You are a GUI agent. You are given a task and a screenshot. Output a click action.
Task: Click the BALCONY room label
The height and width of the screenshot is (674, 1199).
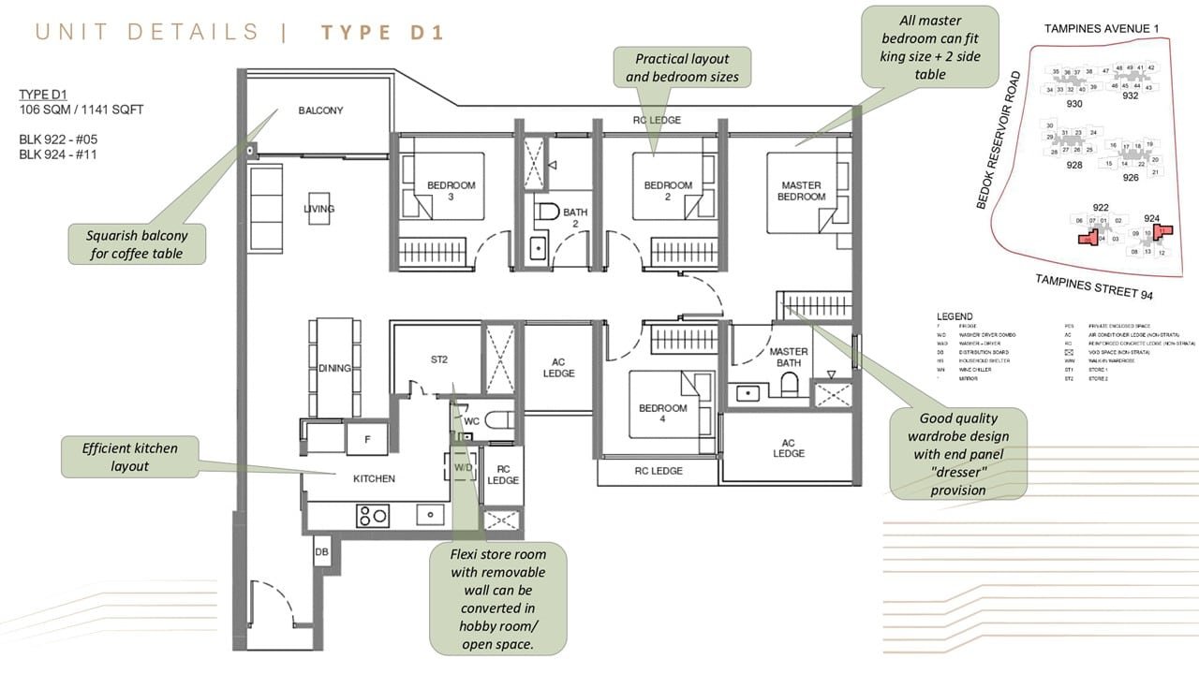tap(320, 110)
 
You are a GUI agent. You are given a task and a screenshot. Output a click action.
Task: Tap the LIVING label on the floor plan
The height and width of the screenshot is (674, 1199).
tap(318, 209)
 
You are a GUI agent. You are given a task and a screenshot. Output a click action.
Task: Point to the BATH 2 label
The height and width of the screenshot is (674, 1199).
tap(575, 218)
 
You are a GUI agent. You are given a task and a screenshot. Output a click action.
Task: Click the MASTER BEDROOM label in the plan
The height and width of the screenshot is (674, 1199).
tap(802, 191)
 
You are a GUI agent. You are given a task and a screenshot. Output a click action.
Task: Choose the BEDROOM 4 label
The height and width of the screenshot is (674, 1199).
tap(663, 414)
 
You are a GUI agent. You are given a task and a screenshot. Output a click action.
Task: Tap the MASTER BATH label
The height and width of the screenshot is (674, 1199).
tap(789, 357)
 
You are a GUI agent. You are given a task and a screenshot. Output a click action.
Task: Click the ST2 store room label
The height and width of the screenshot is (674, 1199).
tap(439, 359)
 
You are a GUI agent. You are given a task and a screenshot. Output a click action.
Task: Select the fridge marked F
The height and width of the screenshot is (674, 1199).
tap(366, 438)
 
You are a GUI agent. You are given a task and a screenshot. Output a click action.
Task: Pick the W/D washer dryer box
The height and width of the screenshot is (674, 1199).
tap(463, 465)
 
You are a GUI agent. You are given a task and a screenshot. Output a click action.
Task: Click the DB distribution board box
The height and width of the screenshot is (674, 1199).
tap(321, 553)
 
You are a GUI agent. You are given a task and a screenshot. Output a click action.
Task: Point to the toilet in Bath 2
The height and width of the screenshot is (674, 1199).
tap(549, 212)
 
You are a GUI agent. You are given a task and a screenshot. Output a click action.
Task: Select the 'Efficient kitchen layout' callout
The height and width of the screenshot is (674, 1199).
tap(129, 457)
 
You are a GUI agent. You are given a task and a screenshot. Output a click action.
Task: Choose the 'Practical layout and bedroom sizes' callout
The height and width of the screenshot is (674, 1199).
tap(681, 67)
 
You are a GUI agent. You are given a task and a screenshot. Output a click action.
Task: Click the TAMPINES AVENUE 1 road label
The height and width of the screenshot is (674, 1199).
tap(1101, 29)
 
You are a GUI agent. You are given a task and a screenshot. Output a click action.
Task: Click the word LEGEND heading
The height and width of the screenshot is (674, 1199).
tap(954, 316)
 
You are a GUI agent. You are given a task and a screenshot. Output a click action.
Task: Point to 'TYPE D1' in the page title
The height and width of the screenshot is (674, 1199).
tap(382, 33)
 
